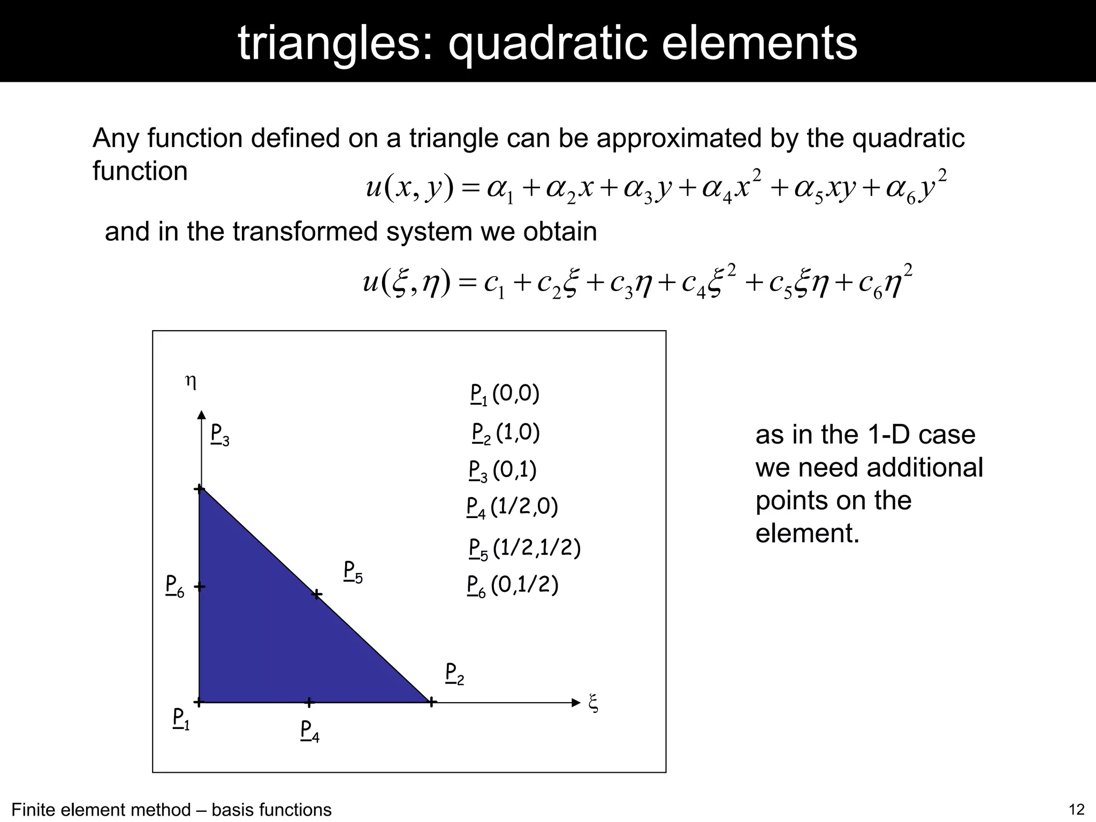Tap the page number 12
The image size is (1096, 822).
click(1076, 810)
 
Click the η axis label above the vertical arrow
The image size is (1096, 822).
click(191, 382)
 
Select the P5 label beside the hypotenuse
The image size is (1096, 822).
click(353, 572)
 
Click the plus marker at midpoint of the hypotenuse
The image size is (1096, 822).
click(317, 595)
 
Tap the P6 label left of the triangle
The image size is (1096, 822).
click(174, 586)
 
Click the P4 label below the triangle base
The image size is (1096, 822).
click(310, 731)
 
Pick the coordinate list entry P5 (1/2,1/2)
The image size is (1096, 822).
click(524, 549)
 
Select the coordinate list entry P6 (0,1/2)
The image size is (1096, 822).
click(513, 585)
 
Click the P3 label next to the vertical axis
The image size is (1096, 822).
click(219, 435)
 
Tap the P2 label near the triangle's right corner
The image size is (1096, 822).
click(454, 674)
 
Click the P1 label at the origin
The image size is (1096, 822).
click(181, 719)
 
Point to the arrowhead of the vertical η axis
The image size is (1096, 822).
click(201, 415)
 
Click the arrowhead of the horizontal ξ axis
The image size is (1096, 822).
click(576, 703)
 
